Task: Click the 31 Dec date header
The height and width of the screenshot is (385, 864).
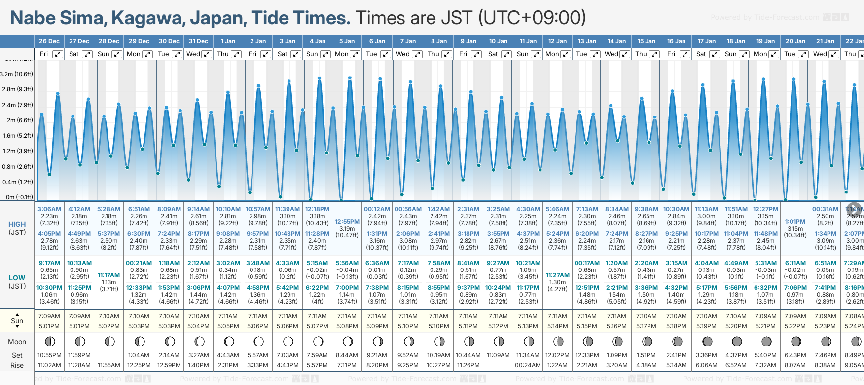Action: pos(198,41)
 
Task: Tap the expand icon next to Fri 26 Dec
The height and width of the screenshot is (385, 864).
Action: pos(58,54)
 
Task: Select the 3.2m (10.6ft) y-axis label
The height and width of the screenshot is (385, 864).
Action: pos(17,74)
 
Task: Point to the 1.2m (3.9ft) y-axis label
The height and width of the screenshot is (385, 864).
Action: pos(17,151)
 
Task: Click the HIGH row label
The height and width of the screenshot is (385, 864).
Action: pos(17,224)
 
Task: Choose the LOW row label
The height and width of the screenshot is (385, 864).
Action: pos(17,278)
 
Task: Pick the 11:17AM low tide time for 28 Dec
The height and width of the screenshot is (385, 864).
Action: pos(108,275)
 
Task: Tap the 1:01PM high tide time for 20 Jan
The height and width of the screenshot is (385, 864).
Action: pos(795,222)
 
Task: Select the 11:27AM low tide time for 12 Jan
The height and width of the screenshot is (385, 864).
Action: pos(557,275)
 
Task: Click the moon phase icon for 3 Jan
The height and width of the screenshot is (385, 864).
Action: pos(288,341)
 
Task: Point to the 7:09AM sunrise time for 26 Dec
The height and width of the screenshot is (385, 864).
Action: pos(49,316)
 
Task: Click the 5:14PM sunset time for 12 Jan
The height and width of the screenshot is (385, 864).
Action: pos(557,326)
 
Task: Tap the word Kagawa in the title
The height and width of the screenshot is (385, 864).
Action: pos(148,18)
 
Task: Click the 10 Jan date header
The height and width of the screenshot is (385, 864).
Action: pos(498,41)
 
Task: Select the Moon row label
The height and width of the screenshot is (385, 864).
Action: pos(17,342)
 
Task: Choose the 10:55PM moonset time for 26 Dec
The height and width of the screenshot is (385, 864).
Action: pos(49,355)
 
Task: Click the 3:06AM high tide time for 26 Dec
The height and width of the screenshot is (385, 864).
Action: pos(49,209)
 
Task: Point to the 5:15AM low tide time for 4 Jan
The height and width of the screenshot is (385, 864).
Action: pos(317,263)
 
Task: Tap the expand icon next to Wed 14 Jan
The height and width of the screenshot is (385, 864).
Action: pos(624,54)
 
